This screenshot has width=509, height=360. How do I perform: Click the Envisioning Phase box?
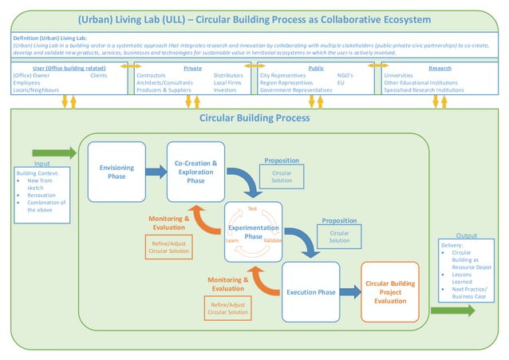point(116,171)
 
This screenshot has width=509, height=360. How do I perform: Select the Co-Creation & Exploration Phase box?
point(195,171)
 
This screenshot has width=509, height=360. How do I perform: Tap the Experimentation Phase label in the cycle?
point(253,231)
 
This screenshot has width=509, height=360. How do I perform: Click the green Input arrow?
point(54,152)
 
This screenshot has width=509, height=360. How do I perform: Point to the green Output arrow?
point(452,311)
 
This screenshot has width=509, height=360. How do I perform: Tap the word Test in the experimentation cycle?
point(252,208)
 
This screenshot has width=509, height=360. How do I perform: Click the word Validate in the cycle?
point(273,240)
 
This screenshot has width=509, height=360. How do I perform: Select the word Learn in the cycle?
point(232,240)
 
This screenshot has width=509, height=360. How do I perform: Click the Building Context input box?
point(42,192)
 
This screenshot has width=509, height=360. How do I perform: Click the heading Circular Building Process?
point(254,118)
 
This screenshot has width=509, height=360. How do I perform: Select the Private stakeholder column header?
point(192,69)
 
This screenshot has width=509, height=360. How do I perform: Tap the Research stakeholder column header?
point(440,69)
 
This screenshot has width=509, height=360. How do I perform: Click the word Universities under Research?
point(398,76)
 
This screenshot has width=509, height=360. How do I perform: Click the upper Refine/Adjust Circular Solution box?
point(168,247)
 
